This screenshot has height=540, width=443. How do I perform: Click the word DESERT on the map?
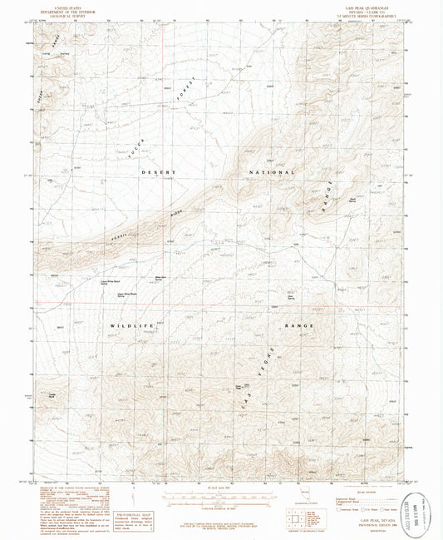coord(158,171)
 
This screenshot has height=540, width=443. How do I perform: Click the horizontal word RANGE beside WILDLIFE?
coord(300,327)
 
